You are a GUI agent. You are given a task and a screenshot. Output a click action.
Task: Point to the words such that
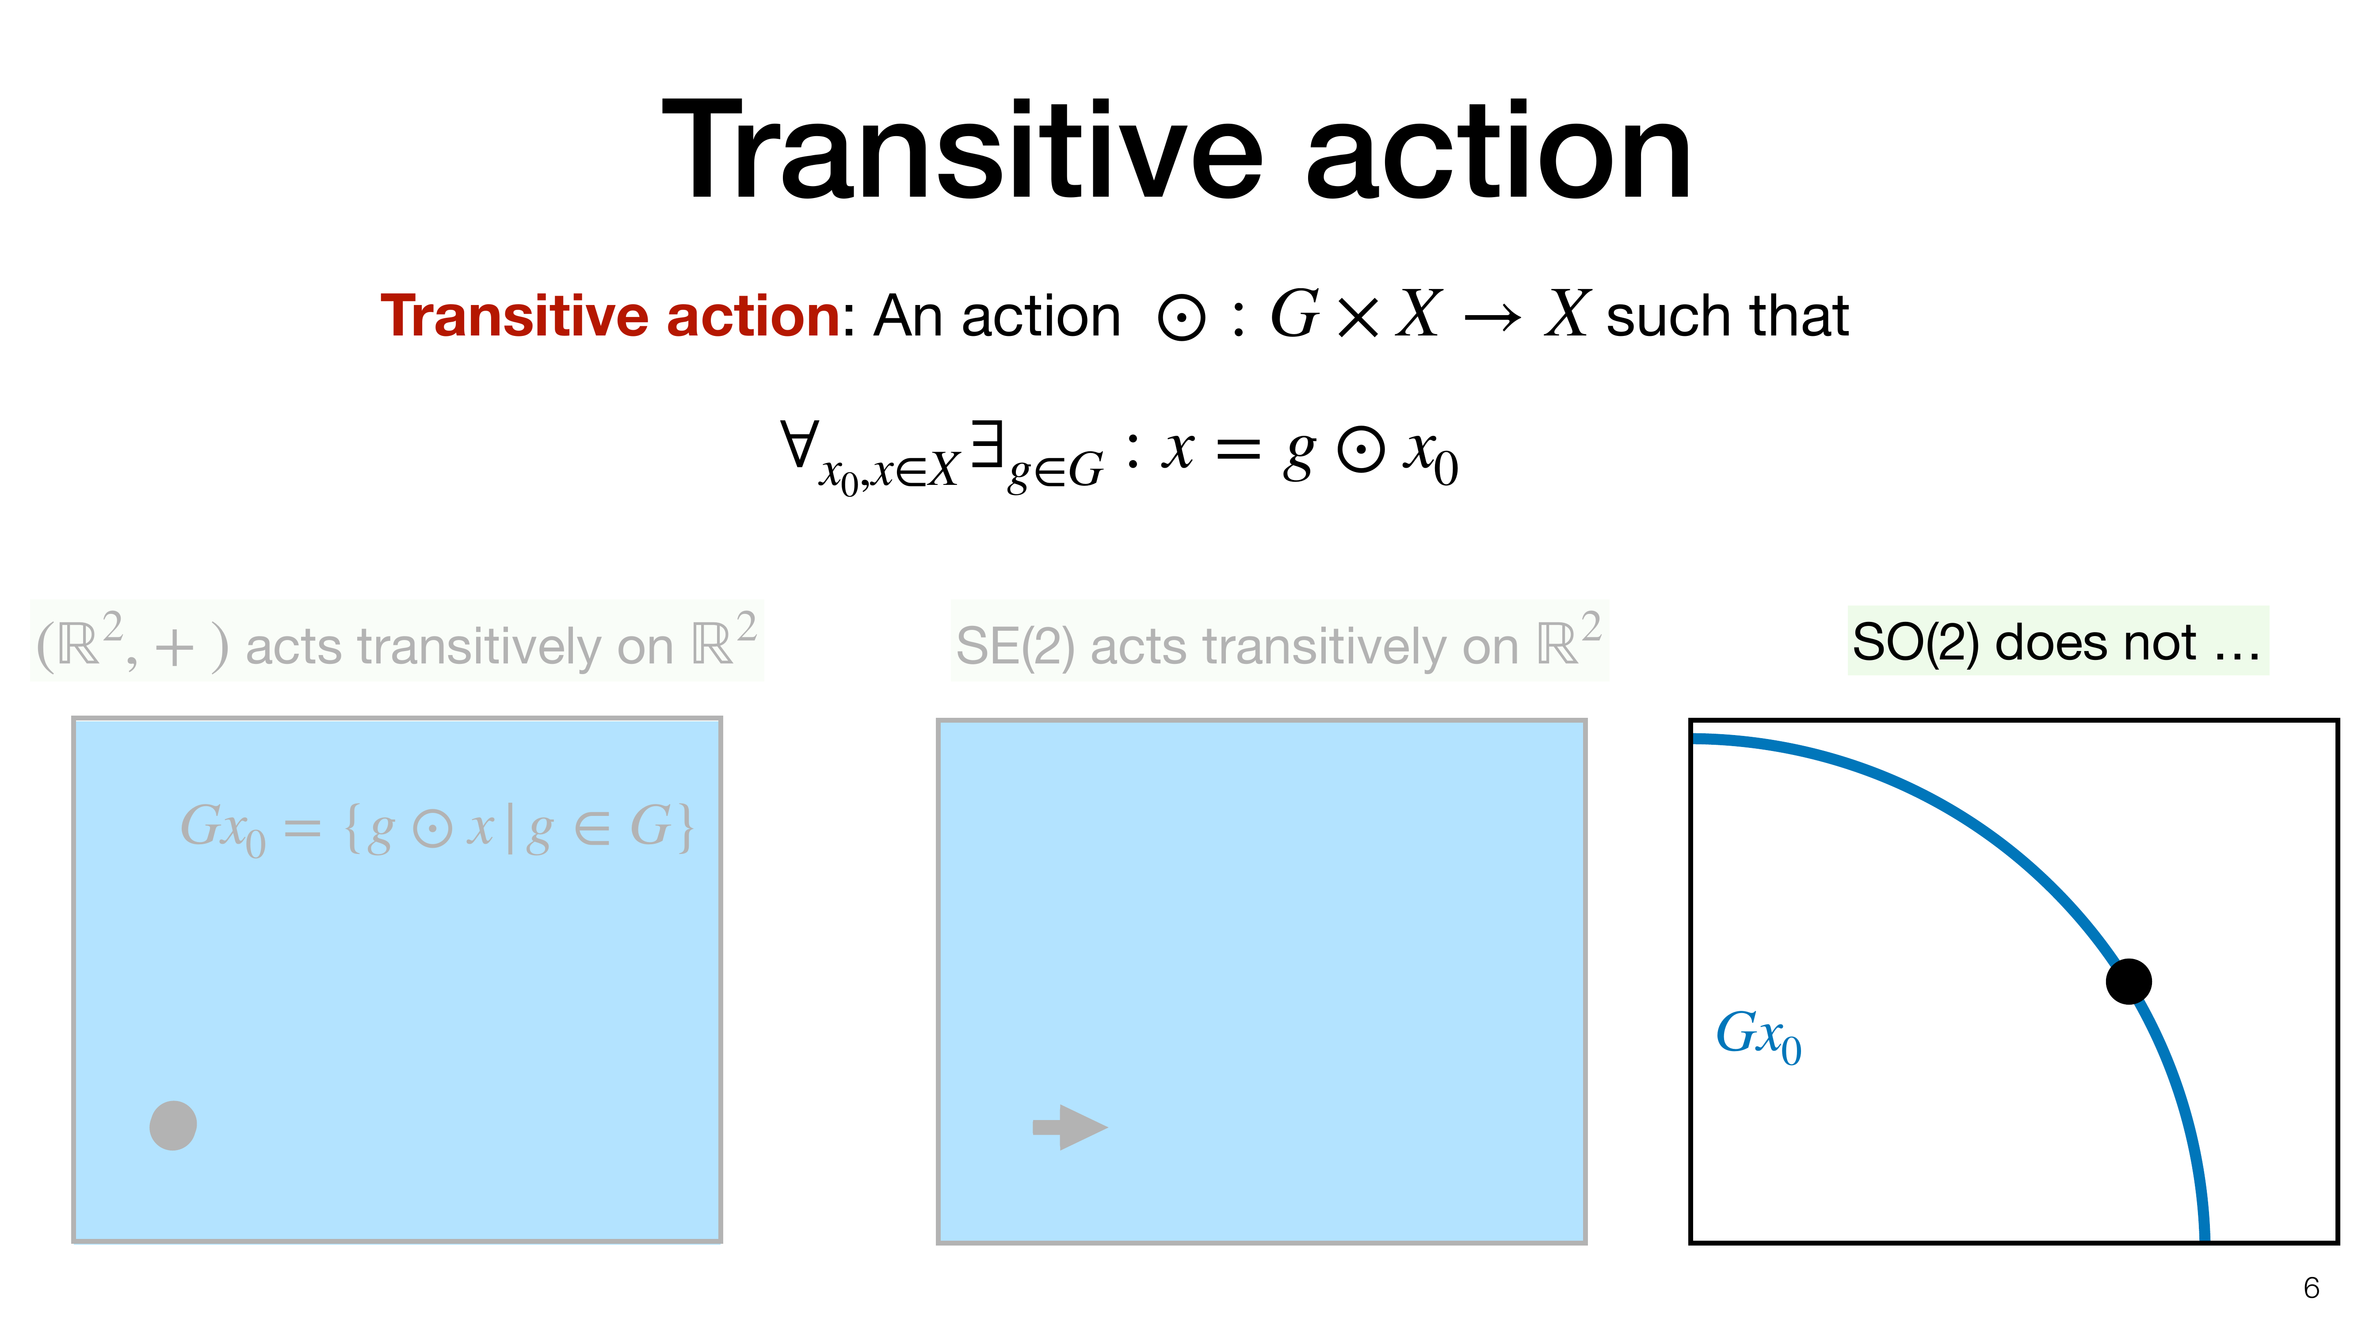click(x=1727, y=316)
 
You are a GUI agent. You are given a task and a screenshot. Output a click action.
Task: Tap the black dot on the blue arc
click(x=2128, y=981)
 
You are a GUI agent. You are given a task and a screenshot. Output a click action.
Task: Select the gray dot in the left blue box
click(x=173, y=1125)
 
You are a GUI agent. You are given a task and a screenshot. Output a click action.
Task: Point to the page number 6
click(x=2311, y=1288)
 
